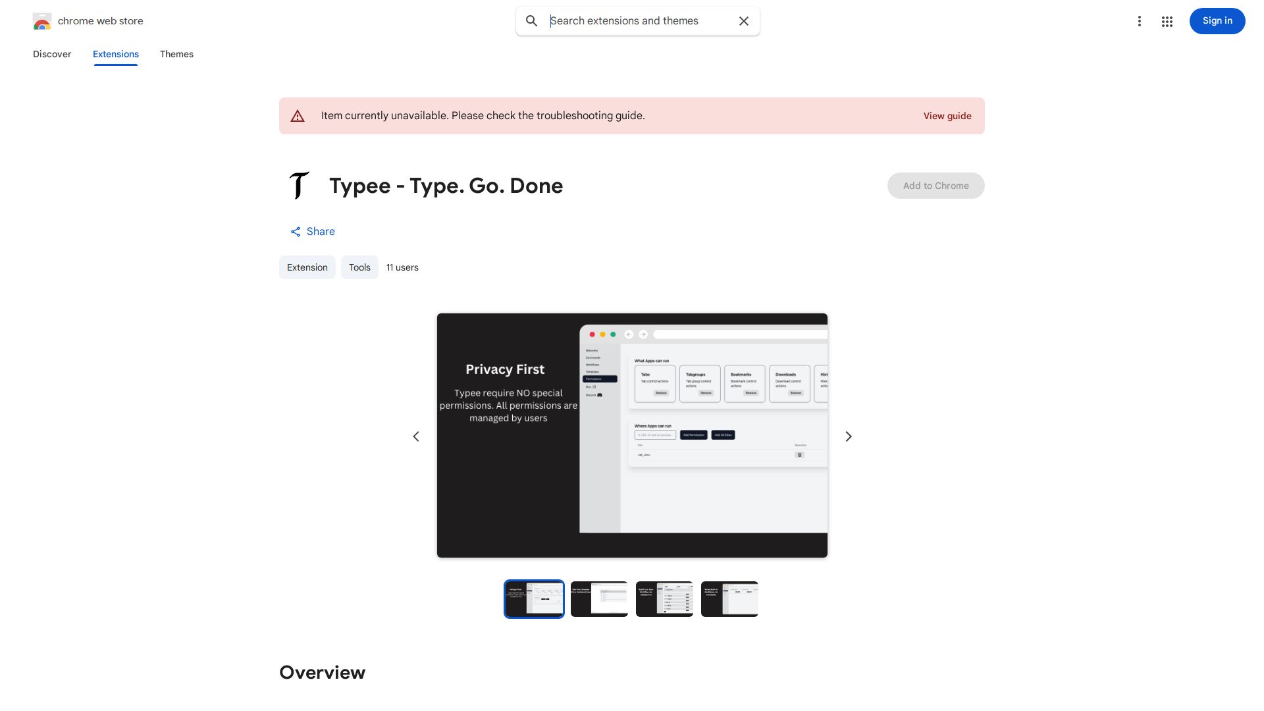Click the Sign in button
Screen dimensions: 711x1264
1217,21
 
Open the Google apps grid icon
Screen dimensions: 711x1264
1167,22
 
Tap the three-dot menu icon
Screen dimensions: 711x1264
1139,21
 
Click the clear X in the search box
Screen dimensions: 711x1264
744,21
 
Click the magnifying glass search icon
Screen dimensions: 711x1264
531,21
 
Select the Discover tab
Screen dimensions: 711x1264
52,54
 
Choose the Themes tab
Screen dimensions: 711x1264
176,54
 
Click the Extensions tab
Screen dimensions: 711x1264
116,54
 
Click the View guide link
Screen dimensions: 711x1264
947,116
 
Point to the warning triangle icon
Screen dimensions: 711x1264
298,116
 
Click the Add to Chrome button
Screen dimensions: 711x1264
935,186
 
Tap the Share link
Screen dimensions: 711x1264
313,232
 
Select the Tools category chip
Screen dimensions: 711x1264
359,267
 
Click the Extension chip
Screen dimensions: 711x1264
307,267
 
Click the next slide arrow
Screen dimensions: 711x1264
849,436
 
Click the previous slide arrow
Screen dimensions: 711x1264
416,436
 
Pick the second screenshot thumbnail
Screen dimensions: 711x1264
599,599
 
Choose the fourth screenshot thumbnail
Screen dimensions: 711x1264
729,599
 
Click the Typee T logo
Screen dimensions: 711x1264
299,186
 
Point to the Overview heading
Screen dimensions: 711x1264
322,672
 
